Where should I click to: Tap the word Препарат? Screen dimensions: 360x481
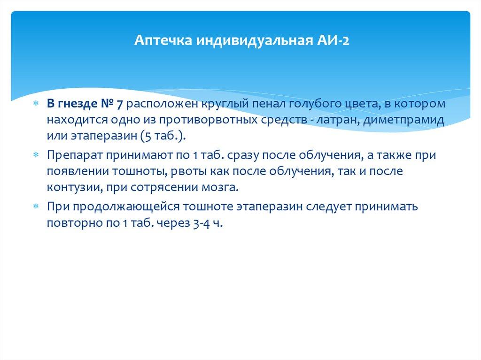(x=73, y=155)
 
